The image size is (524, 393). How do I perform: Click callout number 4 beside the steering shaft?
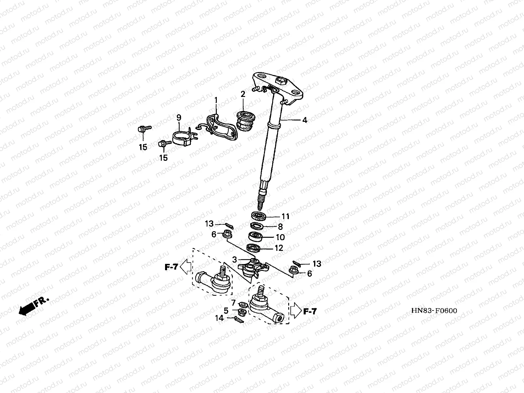click(x=305, y=120)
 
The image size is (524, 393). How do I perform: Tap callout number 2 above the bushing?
click(x=243, y=94)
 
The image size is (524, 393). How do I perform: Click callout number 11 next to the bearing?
click(x=285, y=216)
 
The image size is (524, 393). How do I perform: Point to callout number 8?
click(x=280, y=226)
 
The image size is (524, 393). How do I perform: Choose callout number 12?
click(x=278, y=248)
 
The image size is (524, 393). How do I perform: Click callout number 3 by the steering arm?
click(x=234, y=260)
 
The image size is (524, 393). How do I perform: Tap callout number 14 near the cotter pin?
click(x=219, y=318)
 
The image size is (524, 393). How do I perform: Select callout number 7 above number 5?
click(x=233, y=302)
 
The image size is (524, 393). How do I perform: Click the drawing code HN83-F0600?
click(x=434, y=310)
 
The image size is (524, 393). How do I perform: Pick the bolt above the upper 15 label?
click(x=143, y=129)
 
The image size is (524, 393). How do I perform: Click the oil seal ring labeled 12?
click(x=254, y=248)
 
